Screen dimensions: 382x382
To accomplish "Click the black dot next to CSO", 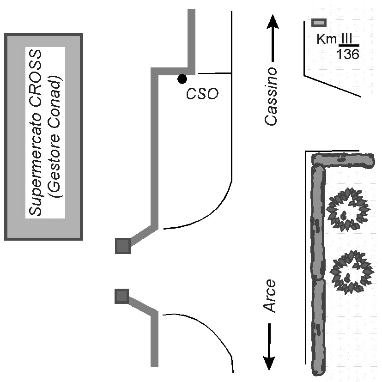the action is pos(182,79).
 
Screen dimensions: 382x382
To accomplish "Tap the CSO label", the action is pos(202,94).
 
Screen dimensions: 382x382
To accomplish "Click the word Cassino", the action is pos(271,97).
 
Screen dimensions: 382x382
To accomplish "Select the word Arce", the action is pos(270,296).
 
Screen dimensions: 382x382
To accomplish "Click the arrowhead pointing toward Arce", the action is pos(269,363).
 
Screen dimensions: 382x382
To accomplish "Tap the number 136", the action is pos(348,54).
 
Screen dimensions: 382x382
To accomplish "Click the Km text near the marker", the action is pos(327,39).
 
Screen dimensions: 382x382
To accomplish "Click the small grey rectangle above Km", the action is pos(319,23).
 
